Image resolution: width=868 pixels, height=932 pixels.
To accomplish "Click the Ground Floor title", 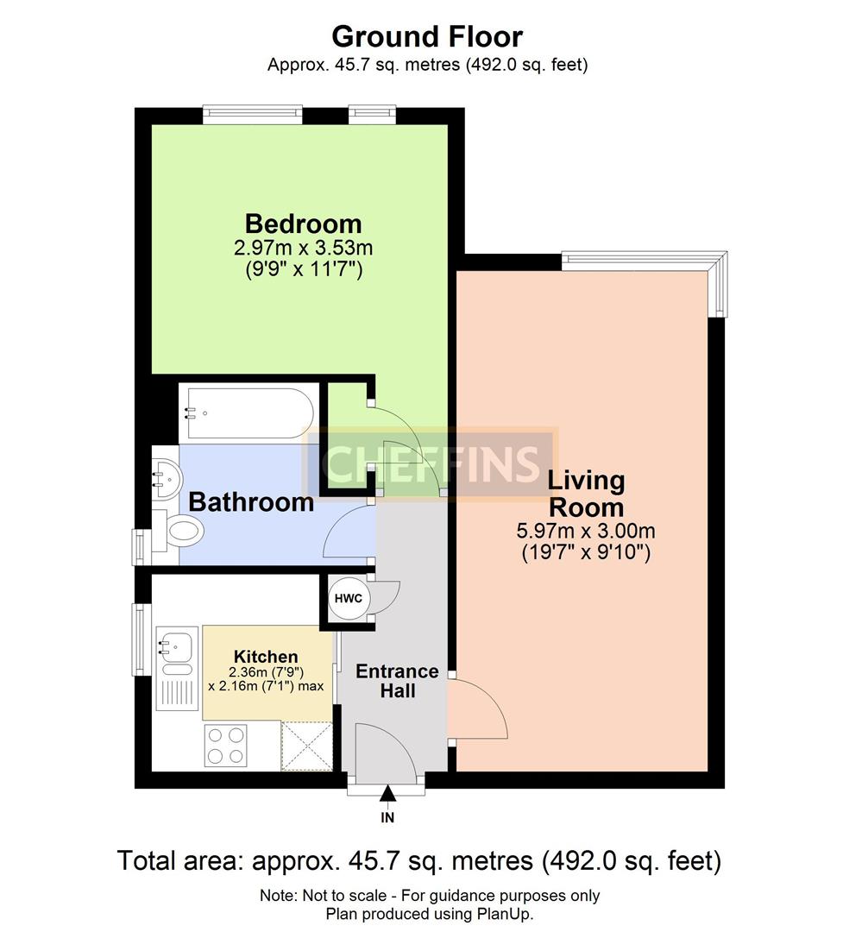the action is pyautogui.click(x=427, y=37).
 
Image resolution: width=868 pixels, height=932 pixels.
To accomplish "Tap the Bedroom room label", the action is pyautogui.click(x=304, y=224).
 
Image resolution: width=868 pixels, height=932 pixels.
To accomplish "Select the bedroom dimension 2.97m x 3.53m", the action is pyautogui.click(x=304, y=248).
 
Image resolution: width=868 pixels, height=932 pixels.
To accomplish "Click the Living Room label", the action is pyautogui.click(x=586, y=494).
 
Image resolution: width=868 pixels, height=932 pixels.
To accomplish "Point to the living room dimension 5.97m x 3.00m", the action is pyautogui.click(x=586, y=530).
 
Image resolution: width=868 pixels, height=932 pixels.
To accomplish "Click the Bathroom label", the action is pyautogui.click(x=251, y=502).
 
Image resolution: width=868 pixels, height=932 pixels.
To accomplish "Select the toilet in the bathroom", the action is pyautogui.click(x=179, y=529).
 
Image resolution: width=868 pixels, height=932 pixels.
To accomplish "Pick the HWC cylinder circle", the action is pyautogui.click(x=349, y=599).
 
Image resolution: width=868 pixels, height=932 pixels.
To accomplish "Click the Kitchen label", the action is pyautogui.click(x=266, y=657).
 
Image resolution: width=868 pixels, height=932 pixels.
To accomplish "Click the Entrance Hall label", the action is pyautogui.click(x=398, y=681).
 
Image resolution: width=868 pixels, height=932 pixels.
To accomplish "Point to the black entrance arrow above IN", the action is pyautogui.click(x=387, y=794).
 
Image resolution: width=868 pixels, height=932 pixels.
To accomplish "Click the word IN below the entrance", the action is pyautogui.click(x=387, y=818).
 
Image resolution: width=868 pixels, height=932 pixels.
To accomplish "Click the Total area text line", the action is pyautogui.click(x=418, y=860).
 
